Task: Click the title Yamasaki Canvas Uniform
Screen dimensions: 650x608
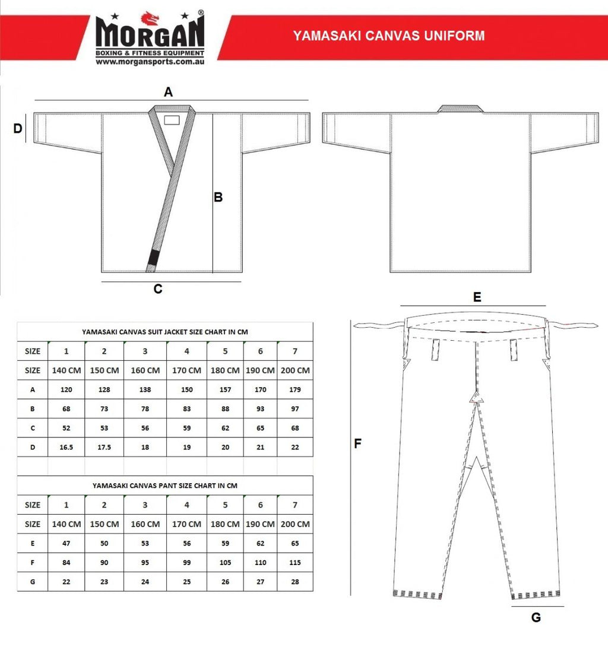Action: pyautogui.click(x=389, y=36)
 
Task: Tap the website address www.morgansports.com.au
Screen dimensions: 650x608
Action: pyautogui.click(x=150, y=61)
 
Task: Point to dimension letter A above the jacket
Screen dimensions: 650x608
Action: pyautogui.click(x=169, y=92)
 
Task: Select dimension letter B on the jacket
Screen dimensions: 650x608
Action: pyautogui.click(x=218, y=197)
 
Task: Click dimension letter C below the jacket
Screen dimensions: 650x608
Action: pyautogui.click(x=158, y=289)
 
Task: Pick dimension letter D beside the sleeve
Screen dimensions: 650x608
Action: pyautogui.click(x=18, y=128)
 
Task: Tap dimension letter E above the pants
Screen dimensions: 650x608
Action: pyautogui.click(x=477, y=297)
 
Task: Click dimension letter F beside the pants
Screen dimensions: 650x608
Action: pyautogui.click(x=357, y=443)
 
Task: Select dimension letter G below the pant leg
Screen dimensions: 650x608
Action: pyautogui.click(x=536, y=617)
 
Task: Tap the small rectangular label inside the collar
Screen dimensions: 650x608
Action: pyautogui.click(x=172, y=120)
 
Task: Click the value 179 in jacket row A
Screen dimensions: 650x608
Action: pyautogui.click(x=295, y=389)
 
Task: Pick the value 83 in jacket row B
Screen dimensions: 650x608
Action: pyautogui.click(x=186, y=408)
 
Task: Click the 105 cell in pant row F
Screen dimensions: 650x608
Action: pyautogui.click(x=225, y=562)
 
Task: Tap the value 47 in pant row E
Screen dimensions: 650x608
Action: pyautogui.click(x=66, y=543)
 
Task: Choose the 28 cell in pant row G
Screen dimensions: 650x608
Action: pyautogui.click(x=295, y=581)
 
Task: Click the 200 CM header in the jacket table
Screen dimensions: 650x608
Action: pyautogui.click(x=295, y=370)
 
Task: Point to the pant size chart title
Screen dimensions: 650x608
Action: pyautogui.click(x=165, y=485)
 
